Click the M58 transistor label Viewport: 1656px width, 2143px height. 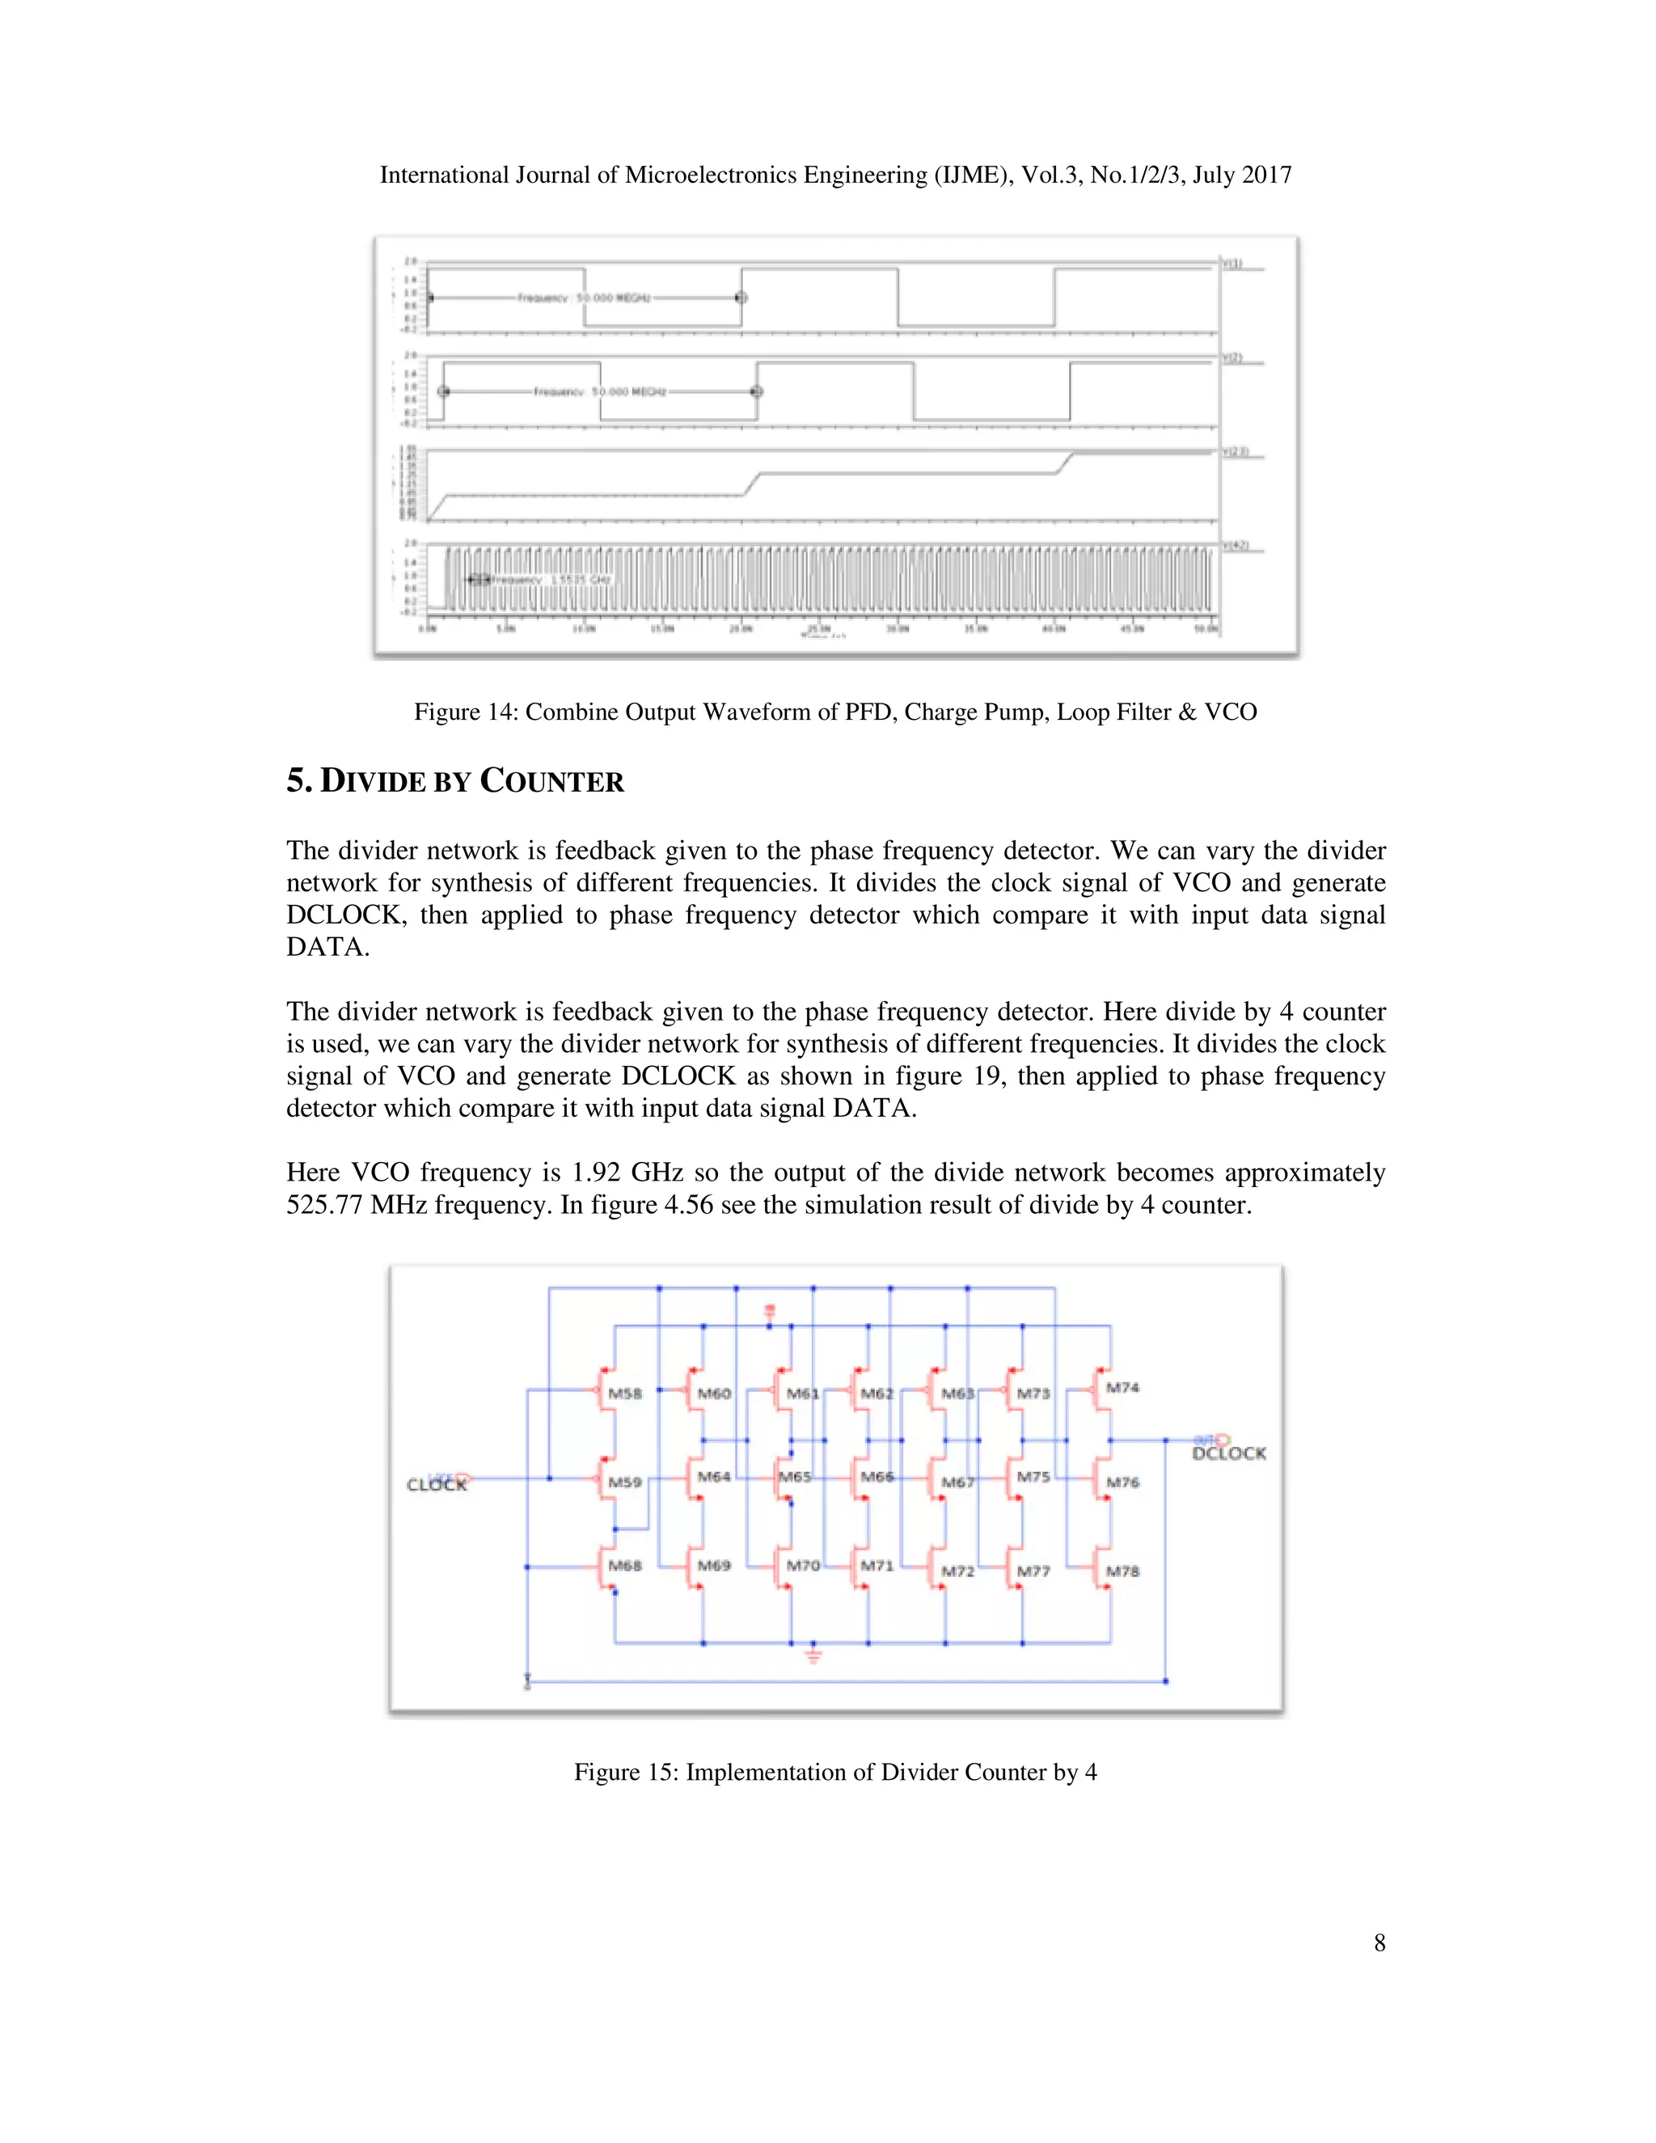click(x=625, y=1393)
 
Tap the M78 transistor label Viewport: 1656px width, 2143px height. click(x=1122, y=1571)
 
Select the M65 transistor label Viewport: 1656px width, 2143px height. click(x=796, y=1477)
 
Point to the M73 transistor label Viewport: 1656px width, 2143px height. click(x=1033, y=1393)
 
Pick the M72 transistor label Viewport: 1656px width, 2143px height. click(x=957, y=1571)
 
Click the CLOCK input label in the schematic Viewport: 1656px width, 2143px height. click(x=437, y=1485)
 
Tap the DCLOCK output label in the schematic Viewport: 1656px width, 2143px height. click(x=1228, y=1453)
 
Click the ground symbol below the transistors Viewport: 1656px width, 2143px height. click(x=813, y=1656)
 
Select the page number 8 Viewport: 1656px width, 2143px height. click(x=1379, y=1942)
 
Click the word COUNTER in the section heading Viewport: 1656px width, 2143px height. click(x=551, y=782)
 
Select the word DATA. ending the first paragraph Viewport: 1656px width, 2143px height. click(x=327, y=947)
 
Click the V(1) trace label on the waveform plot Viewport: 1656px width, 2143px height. click(x=1232, y=263)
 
